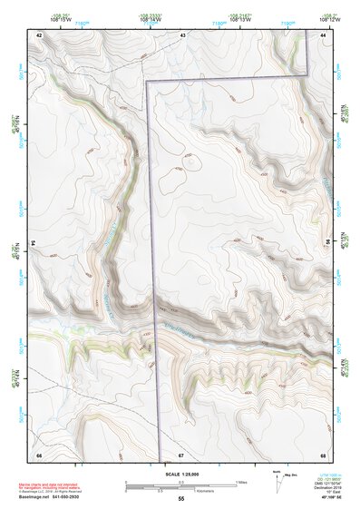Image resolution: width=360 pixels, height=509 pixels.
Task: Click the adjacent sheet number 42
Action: point(39,34)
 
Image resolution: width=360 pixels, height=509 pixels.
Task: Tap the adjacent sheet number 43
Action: point(182,34)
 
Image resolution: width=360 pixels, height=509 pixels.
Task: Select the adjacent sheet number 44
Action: point(324,34)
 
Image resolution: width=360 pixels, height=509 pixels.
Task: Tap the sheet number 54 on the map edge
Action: point(34,243)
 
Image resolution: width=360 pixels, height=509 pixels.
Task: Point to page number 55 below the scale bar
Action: point(181,499)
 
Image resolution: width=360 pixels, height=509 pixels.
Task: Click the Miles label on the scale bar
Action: point(239,481)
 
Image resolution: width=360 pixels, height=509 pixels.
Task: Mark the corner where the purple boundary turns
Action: point(149,82)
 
